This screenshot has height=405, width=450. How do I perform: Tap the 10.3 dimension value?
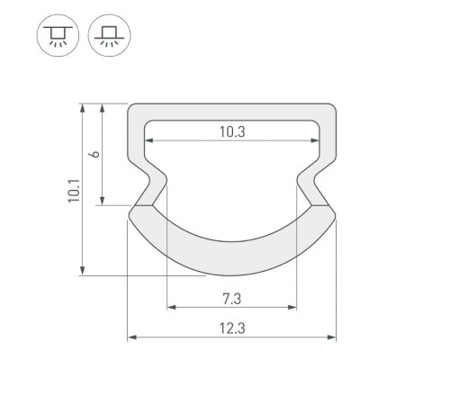[231, 131]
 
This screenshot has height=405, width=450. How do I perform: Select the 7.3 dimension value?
[231, 297]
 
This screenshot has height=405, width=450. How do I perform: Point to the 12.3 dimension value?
[231, 328]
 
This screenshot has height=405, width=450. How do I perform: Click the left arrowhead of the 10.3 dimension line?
[150, 141]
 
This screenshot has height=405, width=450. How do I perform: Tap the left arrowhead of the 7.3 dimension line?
[170, 307]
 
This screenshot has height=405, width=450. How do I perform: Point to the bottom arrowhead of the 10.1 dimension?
[83, 271]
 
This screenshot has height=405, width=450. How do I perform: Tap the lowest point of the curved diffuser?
[231, 274]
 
